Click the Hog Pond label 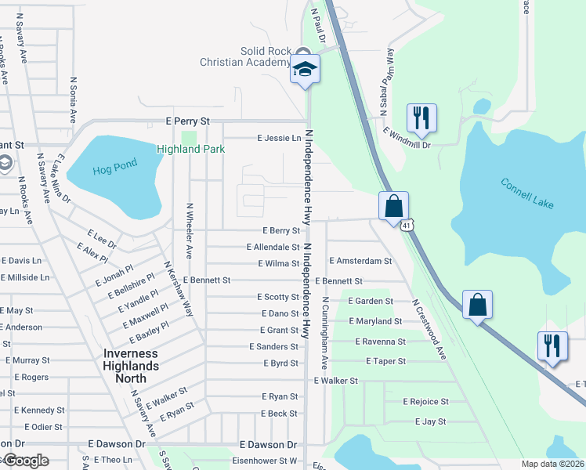click(x=114, y=164)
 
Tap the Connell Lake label click(x=527, y=193)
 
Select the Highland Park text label click(x=191, y=149)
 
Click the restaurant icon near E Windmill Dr click(x=421, y=118)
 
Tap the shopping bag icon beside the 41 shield click(x=393, y=207)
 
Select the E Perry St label click(x=189, y=121)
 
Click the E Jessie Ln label click(x=280, y=138)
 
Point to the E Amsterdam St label click(x=360, y=260)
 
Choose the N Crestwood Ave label click(x=429, y=329)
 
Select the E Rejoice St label click(x=425, y=401)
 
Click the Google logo click(x=25, y=461)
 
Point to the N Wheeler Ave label click(x=189, y=230)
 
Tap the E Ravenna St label click(x=380, y=342)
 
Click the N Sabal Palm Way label click(x=385, y=81)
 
